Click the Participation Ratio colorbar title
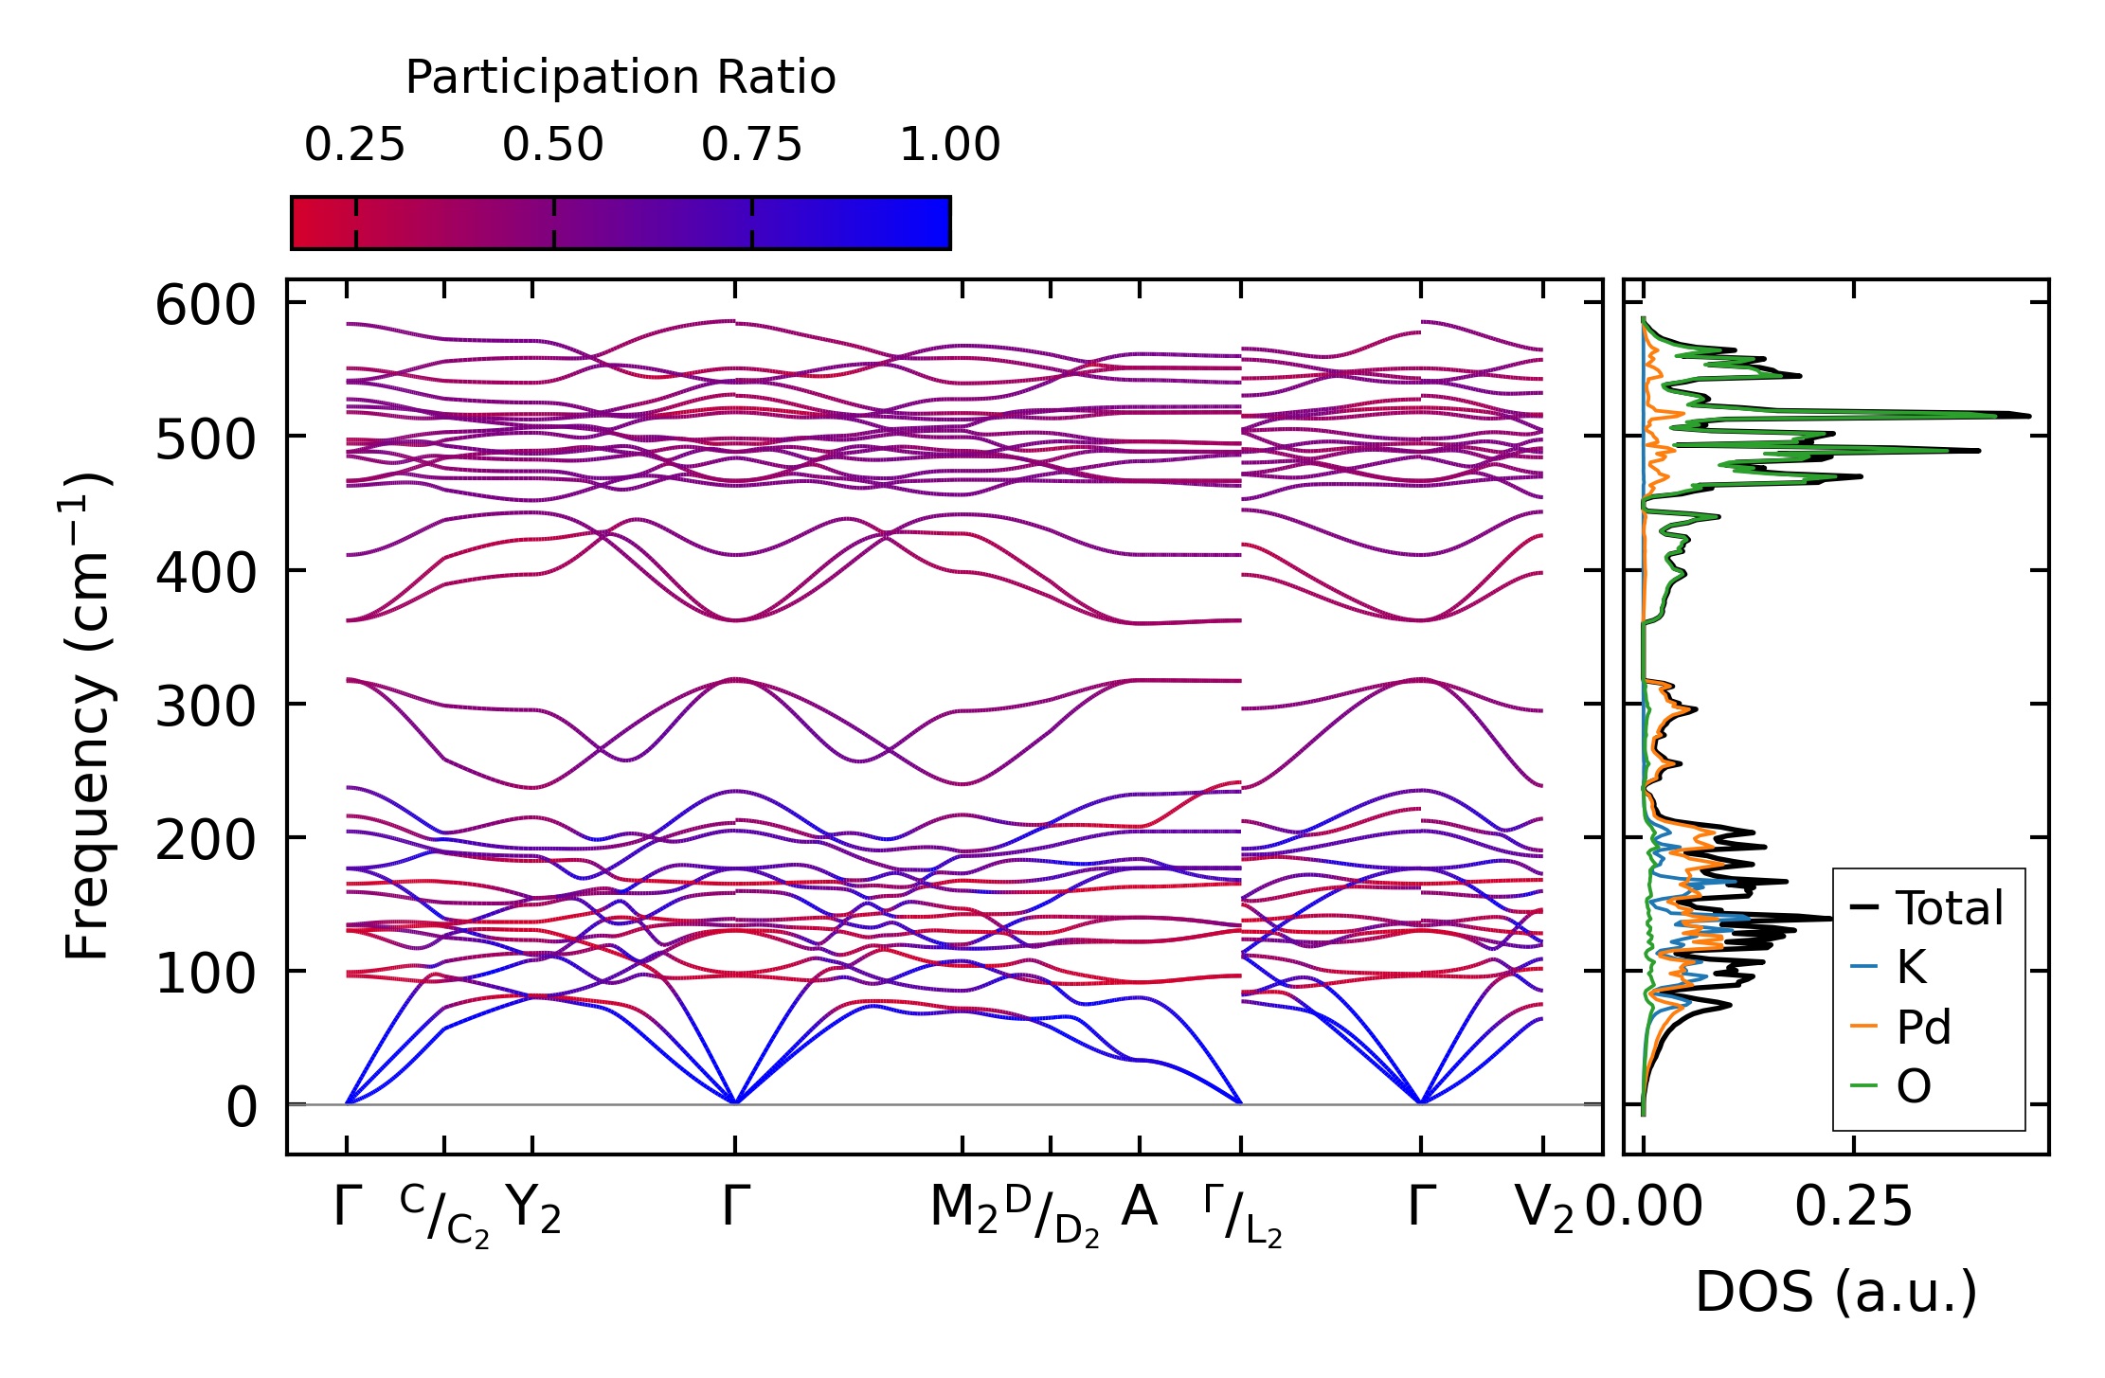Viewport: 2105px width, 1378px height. coord(621,78)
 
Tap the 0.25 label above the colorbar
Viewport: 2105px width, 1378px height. coord(354,146)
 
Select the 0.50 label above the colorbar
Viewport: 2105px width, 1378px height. coord(553,146)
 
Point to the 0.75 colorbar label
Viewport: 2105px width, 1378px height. coord(751,146)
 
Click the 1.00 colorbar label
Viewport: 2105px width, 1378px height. coord(949,146)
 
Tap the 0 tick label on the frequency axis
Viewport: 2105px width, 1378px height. coord(242,1108)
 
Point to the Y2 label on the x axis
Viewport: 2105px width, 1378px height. coord(533,1208)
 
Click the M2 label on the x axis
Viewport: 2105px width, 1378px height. coord(964,1208)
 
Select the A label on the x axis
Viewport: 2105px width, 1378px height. coord(1139,1208)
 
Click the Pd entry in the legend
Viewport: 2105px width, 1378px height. coord(1923,1028)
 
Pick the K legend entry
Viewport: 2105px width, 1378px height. coord(1911,968)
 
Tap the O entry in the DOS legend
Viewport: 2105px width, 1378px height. coord(1914,1086)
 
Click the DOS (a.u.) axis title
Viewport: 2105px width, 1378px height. coord(1836,1293)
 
